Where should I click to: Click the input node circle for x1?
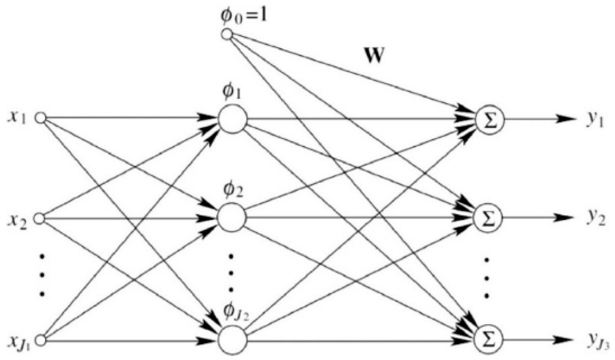pos(40,118)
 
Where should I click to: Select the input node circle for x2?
pos(39,218)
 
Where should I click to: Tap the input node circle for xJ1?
pos(40,340)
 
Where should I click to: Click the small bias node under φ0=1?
pos(227,35)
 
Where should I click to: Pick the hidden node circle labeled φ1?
pos(233,119)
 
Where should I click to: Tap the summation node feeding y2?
pos(489,218)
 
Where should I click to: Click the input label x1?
pos(17,118)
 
